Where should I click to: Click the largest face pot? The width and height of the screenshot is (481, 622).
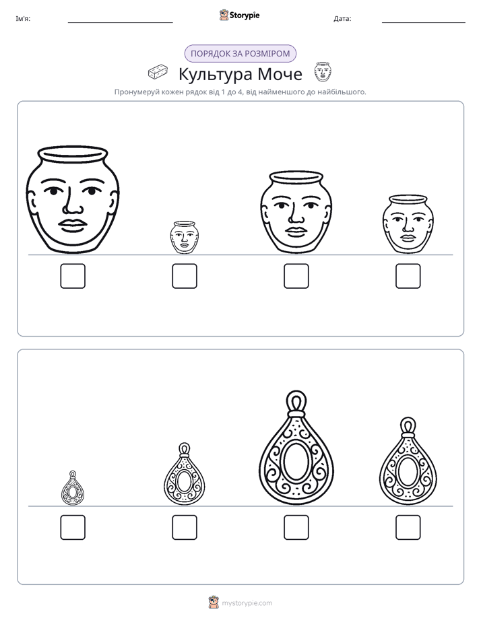click(73, 199)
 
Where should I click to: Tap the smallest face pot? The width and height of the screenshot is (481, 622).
click(184, 238)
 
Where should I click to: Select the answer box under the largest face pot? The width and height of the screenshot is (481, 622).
click(73, 276)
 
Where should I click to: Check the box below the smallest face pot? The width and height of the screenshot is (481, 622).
click(185, 276)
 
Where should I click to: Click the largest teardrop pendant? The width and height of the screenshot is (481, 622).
click(296, 448)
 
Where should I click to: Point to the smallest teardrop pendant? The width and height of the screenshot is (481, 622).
click(73, 488)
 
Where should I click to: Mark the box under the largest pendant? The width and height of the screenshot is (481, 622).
click(296, 528)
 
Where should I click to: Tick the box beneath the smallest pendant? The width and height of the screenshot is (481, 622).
click(73, 528)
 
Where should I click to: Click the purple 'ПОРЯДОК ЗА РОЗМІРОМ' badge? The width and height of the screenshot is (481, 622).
click(241, 54)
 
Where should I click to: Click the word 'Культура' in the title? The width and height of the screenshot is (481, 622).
click(216, 75)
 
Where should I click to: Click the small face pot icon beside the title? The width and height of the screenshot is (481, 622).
click(323, 71)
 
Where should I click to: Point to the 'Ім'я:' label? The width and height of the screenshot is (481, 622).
click(23, 19)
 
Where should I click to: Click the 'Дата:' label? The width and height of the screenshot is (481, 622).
click(342, 19)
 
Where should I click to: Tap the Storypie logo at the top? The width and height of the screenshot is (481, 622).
click(239, 15)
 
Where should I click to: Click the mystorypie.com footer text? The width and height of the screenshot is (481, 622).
click(247, 603)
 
